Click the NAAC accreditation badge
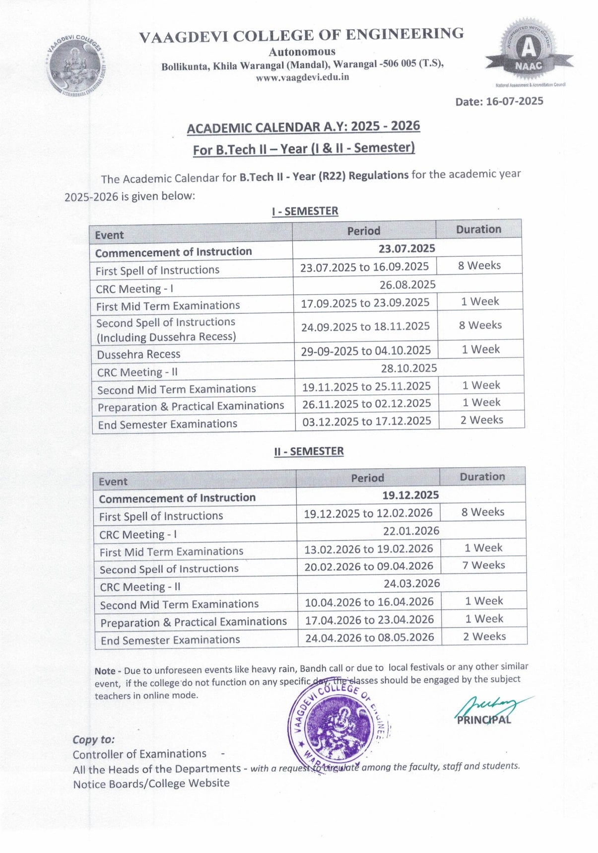[x=529, y=53]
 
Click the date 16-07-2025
[x=499, y=101]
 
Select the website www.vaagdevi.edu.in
[x=302, y=77]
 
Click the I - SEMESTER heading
[x=305, y=211]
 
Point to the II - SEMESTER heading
[x=309, y=451]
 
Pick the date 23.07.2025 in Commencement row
[x=406, y=248]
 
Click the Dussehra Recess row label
[x=138, y=355]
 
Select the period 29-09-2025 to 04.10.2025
[x=366, y=351]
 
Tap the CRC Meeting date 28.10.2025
[x=409, y=368]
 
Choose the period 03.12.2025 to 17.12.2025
[x=367, y=421]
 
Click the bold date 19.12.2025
[x=410, y=495]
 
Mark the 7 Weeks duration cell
[x=483, y=565]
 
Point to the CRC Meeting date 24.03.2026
[x=411, y=583]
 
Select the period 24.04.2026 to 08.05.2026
[x=370, y=637]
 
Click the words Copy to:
[x=93, y=739]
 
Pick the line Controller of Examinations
[x=139, y=754]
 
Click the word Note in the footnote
[x=105, y=671]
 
